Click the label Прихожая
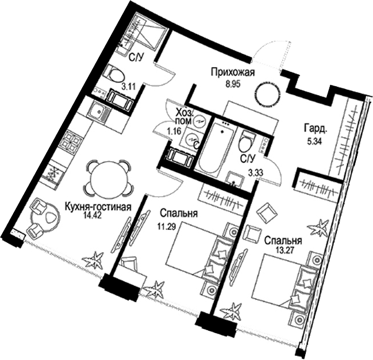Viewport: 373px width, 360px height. point(233,72)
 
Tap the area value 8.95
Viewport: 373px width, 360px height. point(233,84)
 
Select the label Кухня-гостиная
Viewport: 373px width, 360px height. point(98,207)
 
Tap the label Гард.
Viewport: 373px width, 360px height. point(316,130)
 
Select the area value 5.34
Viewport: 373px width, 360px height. point(314,142)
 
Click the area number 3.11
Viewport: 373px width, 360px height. point(129,87)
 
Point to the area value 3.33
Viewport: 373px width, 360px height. point(256,172)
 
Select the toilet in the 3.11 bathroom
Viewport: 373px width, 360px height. point(115,74)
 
